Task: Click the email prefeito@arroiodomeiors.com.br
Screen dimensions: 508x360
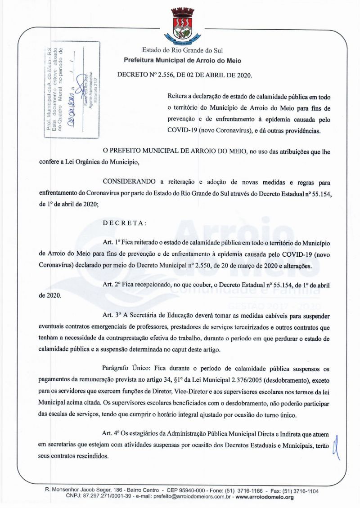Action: [189, 497]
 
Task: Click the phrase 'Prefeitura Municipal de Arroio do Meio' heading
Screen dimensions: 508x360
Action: [183, 60]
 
